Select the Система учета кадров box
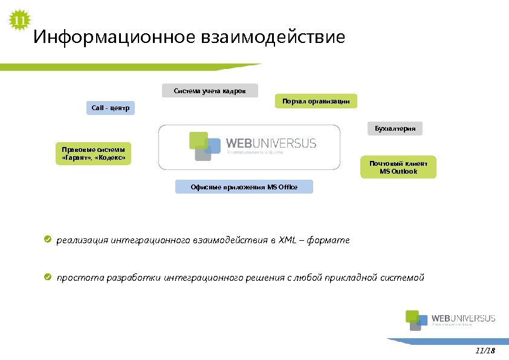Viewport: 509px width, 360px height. tap(210, 91)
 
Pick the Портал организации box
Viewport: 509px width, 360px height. tap(316, 101)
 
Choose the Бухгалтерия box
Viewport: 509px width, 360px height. tap(395, 129)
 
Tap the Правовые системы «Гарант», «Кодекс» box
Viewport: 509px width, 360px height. tap(93, 154)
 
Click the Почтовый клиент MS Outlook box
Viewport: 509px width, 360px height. tap(398, 167)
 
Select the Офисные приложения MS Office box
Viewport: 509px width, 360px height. tap(244, 187)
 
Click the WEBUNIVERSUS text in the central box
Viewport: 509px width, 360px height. tap(270, 143)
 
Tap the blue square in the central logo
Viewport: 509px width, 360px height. tap(213, 145)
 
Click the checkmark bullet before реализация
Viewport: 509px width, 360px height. tap(47, 240)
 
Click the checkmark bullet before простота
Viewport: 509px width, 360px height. tap(47, 277)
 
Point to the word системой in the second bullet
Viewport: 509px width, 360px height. tap(403, 278)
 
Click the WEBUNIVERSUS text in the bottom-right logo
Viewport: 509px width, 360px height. tap(463, 318)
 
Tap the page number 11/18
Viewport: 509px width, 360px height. tap(485, 351)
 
